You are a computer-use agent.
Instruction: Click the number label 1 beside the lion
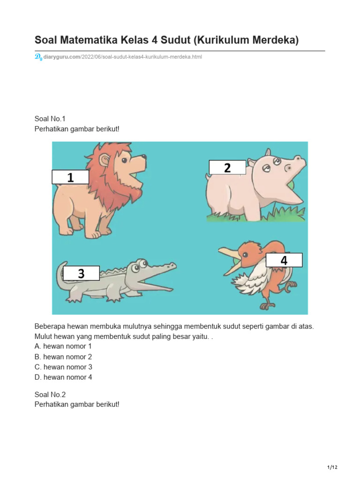(x=70, y=177)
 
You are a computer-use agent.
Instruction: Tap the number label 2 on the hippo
(x=227, y=167)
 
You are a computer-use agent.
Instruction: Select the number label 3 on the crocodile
(x=81, y=273)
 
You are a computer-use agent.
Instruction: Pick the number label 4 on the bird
(x=284, y=260)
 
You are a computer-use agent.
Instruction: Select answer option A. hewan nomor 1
(x=63, y=346)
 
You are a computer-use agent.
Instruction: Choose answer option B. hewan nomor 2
(x=63, y=357)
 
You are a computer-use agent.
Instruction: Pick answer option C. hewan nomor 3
(x=63, y=367)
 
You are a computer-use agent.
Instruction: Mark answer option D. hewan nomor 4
(x=63, y=377)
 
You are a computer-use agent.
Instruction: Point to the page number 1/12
(x=332, y=467)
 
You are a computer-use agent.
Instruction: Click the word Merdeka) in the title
(x=274, y=41)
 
